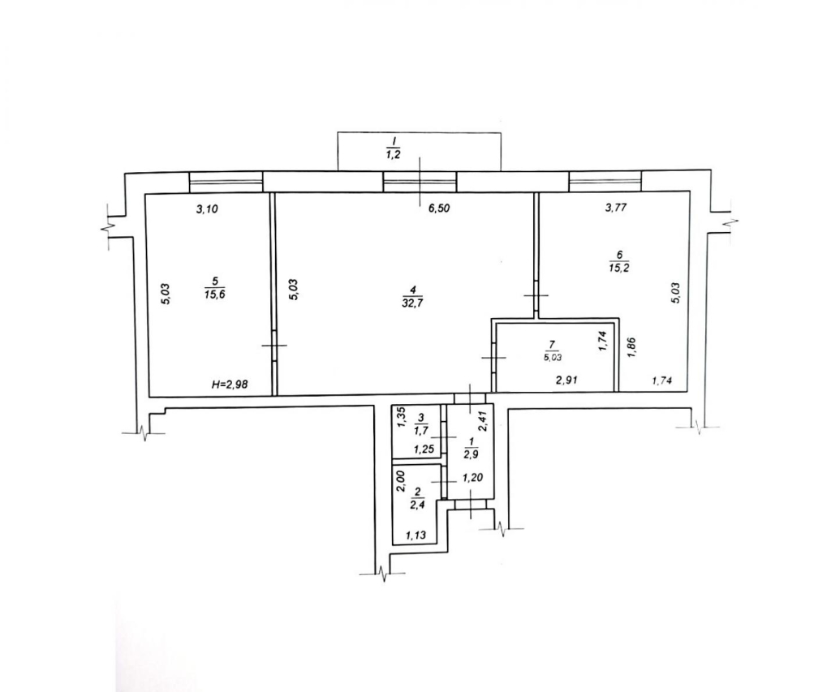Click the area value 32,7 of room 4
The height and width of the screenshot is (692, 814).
tap(411, 303)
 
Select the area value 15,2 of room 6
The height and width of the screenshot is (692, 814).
tap(618, 269)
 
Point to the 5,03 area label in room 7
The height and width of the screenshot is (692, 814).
tap(552, 357)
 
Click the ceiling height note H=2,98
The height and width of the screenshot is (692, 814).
tap(230, 385)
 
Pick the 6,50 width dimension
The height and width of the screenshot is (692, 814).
tap(438, 208)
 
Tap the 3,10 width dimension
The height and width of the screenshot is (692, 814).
tap(207, 209)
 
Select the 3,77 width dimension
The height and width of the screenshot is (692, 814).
tap(616, 208)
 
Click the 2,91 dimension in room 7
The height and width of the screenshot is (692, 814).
tap(567, 380)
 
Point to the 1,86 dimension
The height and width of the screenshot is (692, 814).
tap(631, 347)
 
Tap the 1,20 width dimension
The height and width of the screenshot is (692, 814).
tap(472, 478)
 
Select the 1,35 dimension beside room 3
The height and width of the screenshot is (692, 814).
tap(401, 418)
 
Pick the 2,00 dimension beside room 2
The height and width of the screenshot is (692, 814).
tap(400, 481)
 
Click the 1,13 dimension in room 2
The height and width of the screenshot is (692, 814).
tap(416, 535)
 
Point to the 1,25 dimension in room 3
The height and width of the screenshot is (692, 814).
tap(424, 449)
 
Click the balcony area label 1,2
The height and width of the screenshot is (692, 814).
tap(394, 155)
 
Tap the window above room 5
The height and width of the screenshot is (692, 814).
tap(226, 183)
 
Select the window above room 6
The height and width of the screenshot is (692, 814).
tap(605, 182)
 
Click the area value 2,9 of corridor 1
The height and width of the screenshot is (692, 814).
tap(472, 451)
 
